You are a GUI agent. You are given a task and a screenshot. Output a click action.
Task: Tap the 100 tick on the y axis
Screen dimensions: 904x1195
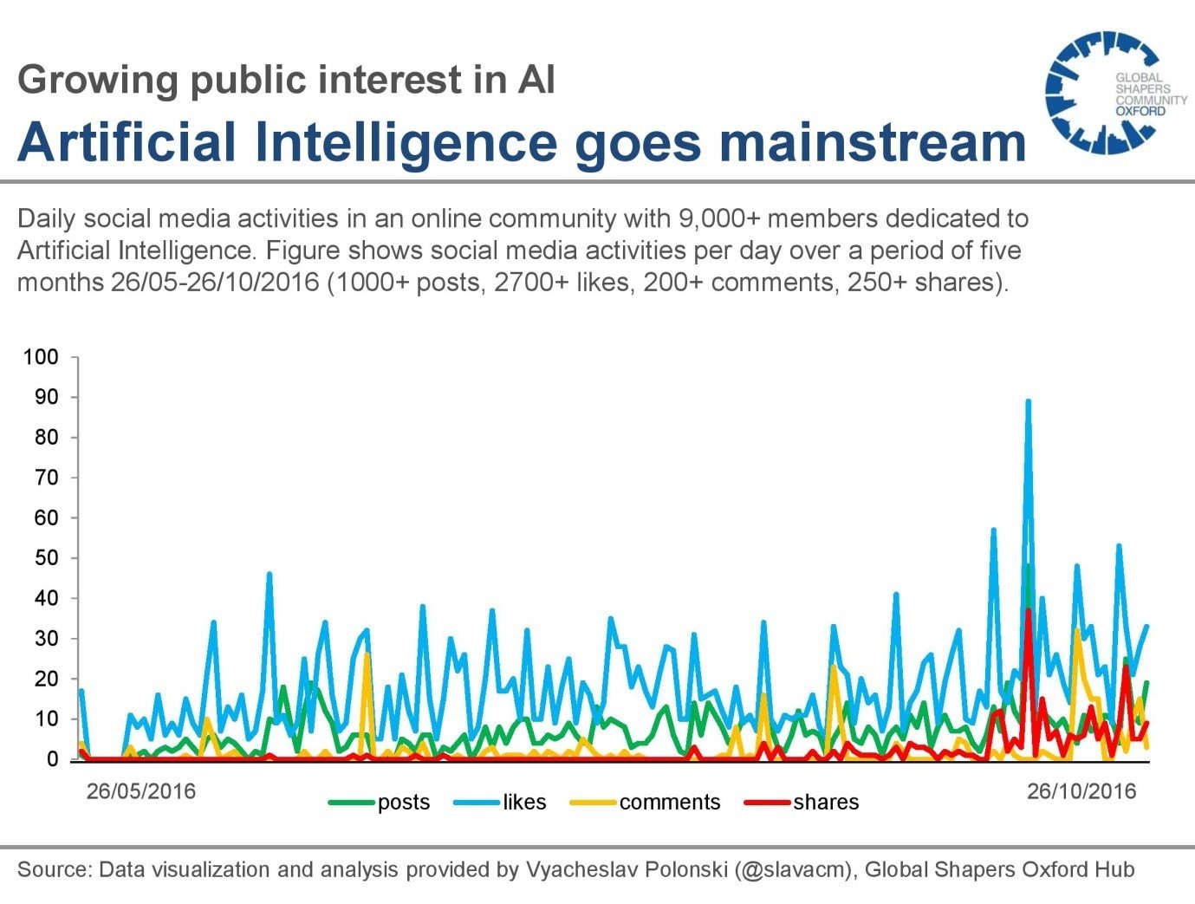click(41, 357)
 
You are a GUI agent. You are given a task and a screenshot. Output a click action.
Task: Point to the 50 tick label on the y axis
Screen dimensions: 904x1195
click(46, 558)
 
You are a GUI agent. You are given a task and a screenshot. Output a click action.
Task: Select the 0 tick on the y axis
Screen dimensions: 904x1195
click(52, 759)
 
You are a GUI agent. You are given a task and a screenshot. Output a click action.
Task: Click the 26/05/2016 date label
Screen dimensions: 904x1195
click(140, 791)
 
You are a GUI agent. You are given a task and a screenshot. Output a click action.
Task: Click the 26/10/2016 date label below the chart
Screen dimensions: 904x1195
click(1081, 791)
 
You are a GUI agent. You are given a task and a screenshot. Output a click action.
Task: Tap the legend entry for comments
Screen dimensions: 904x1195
click(646, 803)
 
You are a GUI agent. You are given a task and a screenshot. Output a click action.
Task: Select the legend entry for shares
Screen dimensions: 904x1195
click(802, 803)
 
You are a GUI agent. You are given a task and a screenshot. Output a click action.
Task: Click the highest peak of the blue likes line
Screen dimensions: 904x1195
click(1028, 401)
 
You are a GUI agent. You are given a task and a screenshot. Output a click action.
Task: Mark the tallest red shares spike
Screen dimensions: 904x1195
click(1028, 610)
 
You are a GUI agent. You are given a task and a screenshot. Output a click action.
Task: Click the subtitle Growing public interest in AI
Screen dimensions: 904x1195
click(286, 80)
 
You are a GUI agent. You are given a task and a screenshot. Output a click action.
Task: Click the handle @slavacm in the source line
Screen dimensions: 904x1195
click(792, 869)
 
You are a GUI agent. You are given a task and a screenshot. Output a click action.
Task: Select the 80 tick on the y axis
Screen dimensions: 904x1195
click(46, 438)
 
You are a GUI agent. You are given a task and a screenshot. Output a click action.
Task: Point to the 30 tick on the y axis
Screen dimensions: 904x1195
click(46, 639)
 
